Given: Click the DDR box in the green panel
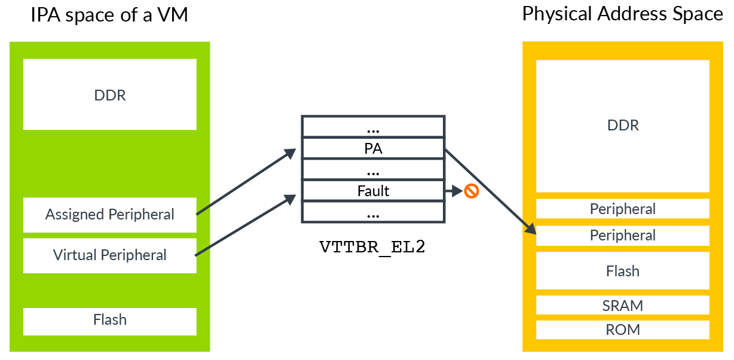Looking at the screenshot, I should [110, 94].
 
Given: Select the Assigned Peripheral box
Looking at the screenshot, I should [110, 215].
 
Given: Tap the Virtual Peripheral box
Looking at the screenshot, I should [110, 255].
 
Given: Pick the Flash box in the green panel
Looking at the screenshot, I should [110, 321].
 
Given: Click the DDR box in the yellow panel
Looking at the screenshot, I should [622, 126].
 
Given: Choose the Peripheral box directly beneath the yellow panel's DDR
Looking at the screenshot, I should [622, 209].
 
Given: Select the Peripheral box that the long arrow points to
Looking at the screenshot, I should [622, 236].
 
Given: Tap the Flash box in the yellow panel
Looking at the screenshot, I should [622, 271].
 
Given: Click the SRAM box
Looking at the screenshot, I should [622, 306].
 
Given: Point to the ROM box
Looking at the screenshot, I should [622, 330].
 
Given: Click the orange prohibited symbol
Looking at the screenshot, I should [472, 191].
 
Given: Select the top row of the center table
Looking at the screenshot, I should [373, 126].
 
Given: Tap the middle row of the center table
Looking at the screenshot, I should [373, 169].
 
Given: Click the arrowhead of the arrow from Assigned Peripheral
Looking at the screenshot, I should [291, 153].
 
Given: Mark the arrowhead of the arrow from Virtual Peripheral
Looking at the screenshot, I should [291, 199].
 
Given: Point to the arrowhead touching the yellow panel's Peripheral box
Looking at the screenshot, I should [530, 228].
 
